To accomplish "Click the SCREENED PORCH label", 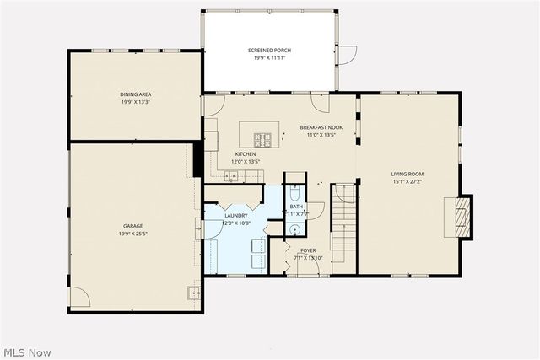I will [269, 51].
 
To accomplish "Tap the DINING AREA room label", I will [135, 94].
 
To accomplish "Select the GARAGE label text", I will [132, 226].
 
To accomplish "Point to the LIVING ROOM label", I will [406, 174].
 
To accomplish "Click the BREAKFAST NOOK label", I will [321, 127].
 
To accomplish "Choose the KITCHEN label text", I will [246, 154].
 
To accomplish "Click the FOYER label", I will [307, 250].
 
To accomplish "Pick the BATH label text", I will [296, 207].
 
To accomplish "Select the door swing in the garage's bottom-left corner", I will [78, 297].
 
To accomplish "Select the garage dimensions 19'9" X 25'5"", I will [132, 233].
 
